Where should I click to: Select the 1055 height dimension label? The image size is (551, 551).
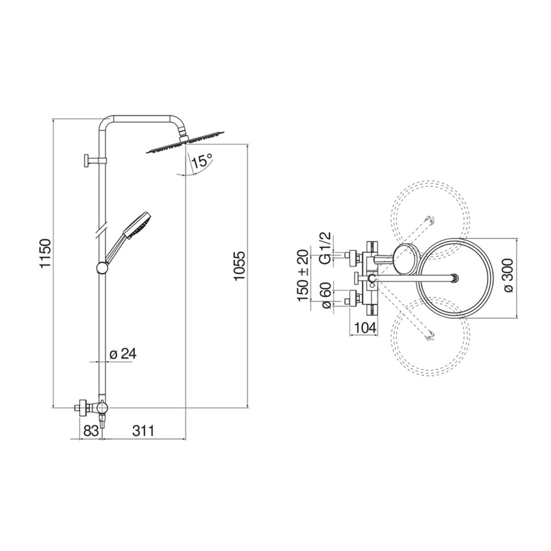[239, 265]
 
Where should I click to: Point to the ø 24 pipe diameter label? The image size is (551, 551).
[123, 354]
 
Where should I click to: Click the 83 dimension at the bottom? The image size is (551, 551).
[91, 430]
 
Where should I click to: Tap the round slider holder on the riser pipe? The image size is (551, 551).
[102, 267]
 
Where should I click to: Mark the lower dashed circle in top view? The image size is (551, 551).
[430, 337]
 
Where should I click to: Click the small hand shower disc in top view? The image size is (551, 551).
[405, 259]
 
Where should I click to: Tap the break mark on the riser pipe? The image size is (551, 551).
[100, 230]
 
